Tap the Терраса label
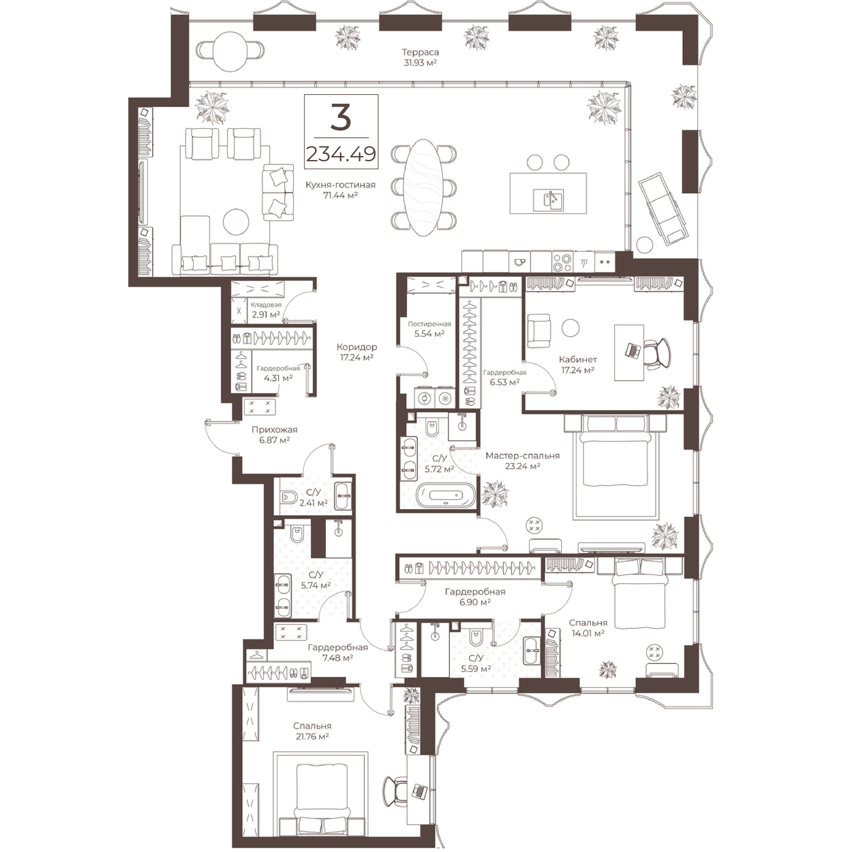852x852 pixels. [420, 52]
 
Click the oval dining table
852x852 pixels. [423, 187]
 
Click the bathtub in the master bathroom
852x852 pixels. [446, 495]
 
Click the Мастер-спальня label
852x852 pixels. [523, 455]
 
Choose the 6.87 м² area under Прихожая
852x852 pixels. [274, 440]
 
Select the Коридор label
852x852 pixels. [357, 347]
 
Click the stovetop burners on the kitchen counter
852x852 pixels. [562, 262]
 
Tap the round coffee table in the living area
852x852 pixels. [236, 222]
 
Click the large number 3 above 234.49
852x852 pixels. [341, 118]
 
